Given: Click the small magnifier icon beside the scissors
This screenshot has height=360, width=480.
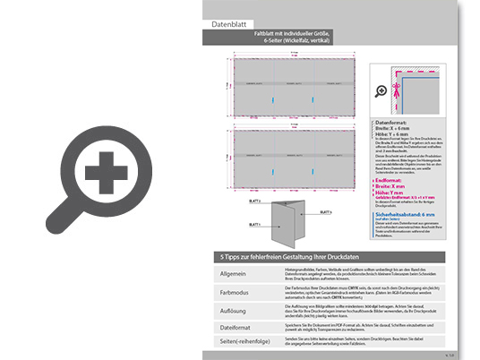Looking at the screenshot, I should [x=381, y=90].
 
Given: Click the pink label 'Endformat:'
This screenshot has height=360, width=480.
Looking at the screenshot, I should [x=390, y=179].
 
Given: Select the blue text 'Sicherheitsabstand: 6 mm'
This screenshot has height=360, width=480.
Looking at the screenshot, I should [x=406, y=214].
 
